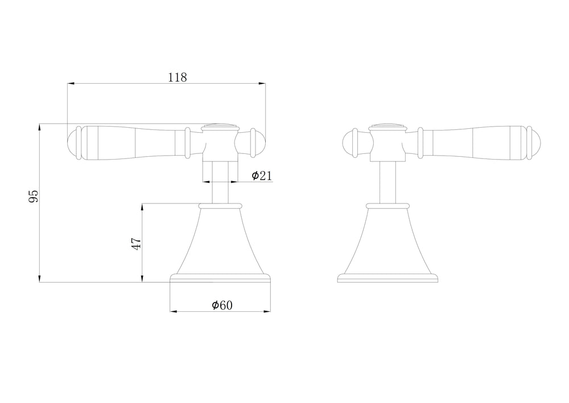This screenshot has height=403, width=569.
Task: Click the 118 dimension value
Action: click(178, 78)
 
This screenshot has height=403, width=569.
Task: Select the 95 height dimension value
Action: click(34, 196)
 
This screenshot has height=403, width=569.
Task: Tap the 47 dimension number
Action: click(136, 244)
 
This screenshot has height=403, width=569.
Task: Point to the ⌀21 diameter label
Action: click(262, 176)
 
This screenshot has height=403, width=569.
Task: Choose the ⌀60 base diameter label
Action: click(222, 305)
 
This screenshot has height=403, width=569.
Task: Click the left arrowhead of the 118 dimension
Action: click(71, 84)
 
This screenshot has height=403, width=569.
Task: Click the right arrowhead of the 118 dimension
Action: click(262, 84)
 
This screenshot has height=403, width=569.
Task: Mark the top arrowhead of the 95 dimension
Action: click(39, 127)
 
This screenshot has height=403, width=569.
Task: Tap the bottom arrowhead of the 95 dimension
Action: click(39, 279)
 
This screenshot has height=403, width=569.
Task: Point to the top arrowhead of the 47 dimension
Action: click(142, 207)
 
